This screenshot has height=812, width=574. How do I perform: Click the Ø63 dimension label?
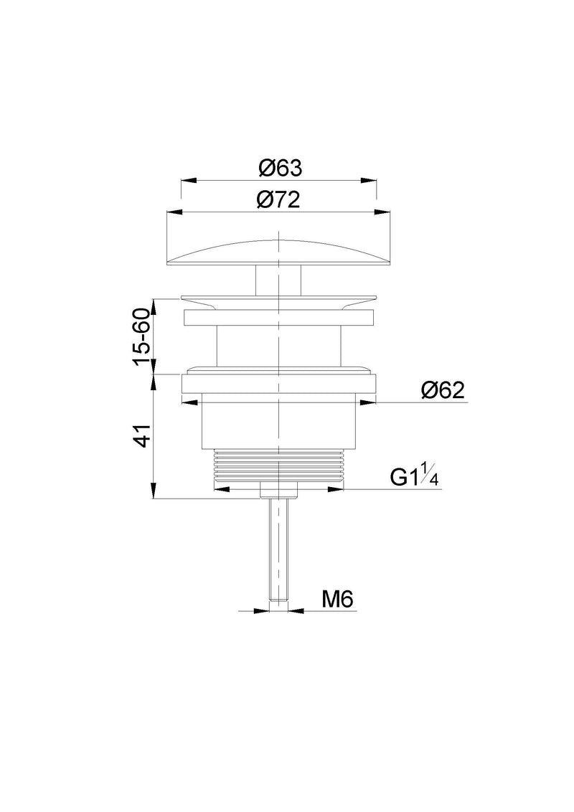[279, 169]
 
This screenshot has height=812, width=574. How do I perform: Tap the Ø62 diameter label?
[443, 390]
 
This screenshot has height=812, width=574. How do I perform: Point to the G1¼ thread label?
[414, 477]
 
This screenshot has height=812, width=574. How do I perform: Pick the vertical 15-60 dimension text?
[142, 336]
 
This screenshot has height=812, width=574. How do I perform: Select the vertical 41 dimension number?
[142, 435]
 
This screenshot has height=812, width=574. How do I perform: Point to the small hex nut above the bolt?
[278, 491]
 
